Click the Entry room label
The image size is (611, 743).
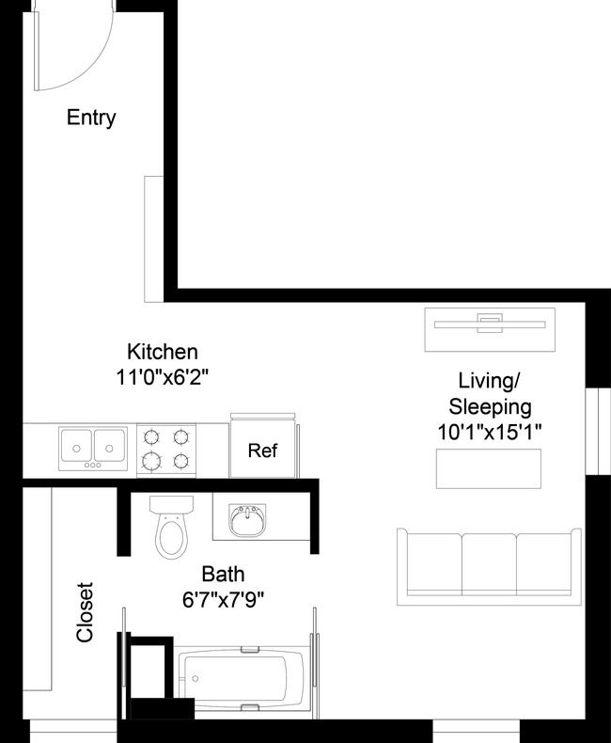tap(91, 118)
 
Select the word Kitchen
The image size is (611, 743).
tap(163, 352)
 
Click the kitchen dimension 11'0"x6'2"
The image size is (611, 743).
tap(163, 377)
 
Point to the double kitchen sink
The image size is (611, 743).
tap(93, 448)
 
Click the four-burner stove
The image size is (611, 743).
tap(166, 449)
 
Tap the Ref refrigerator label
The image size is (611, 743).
tap(262, 451)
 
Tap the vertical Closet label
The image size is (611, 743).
tap(86, 612)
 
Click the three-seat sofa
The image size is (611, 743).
tap(488, 567)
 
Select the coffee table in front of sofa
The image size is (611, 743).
tap(488, 468)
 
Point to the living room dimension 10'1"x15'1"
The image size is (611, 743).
tap(490, 433)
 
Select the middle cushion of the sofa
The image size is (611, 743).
tap(488, 564)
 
